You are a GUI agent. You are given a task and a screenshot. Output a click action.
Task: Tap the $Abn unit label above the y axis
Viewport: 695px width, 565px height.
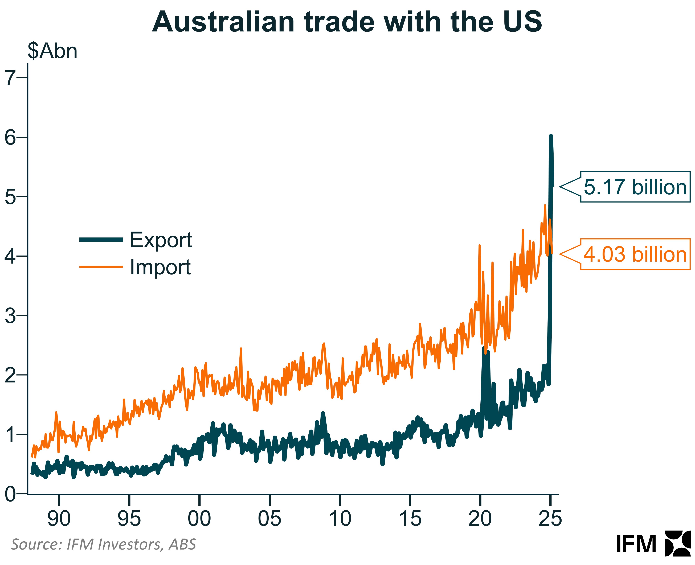(52, 51)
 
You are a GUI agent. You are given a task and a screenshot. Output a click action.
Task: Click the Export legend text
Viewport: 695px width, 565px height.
(161, 240)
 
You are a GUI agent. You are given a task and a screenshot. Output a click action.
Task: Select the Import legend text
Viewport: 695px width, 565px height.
(160, 267)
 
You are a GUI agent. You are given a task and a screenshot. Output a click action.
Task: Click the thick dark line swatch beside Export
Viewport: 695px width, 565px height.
(101, 240)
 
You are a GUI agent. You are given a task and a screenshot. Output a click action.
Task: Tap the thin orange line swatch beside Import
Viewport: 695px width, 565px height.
(101, 267)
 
